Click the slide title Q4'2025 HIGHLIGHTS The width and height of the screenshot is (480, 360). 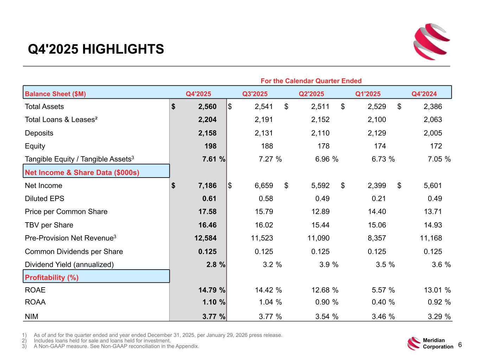[x=96, y=49]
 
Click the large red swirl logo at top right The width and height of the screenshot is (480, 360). [x=432, y=41]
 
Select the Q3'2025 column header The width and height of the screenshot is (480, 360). [x=255, y=94]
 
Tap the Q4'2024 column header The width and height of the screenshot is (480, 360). [x=424, y=94]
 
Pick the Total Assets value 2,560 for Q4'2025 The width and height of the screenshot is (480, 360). [x=207, y=107]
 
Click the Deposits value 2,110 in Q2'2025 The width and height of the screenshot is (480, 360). [x=320, y=133]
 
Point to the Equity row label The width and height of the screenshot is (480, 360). [x=35, y=146]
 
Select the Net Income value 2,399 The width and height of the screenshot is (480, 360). [x=377, y=185]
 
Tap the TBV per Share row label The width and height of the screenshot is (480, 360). [x=49, y=225]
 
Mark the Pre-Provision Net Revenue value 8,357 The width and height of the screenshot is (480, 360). [x=377, y=238]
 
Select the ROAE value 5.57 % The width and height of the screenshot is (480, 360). [x=383, y=290]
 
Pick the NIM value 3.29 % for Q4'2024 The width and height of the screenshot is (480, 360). [x=439, y=316]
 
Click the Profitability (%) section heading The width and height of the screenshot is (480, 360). [x=52, y=277]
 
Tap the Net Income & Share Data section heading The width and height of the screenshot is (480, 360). [x=82, y=172]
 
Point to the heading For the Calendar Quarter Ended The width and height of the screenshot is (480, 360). [x=311, y=81]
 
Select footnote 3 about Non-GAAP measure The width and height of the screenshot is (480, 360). [x=116, y=346]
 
